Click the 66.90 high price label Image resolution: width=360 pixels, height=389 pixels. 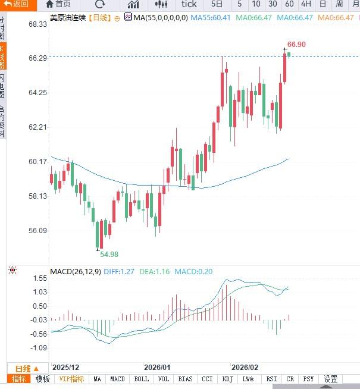click(x=296, y=45)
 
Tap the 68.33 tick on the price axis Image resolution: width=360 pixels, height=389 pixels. click(x=37, y=24)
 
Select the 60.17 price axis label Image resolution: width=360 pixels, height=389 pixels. click(x=37, y=162)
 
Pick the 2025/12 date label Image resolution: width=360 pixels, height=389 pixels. click(x=66, y=368)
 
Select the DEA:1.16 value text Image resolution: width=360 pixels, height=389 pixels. click(x=155, y=271)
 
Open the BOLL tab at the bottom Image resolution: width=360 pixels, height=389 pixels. click(x=142, y=379)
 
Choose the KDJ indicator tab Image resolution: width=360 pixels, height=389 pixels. click(x=227, y=379)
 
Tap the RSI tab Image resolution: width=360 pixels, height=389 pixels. click(x=271, y=379)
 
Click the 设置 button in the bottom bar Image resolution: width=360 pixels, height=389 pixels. click(x=330, y=379)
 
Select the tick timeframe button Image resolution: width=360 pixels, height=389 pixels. click(x=189, y=4)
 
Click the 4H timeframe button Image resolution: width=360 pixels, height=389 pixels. click(x=306, y=4)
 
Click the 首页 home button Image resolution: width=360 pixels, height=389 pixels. click(x=58, y=4)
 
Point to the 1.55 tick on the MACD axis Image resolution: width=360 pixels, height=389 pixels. click(x=40, y=278)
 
